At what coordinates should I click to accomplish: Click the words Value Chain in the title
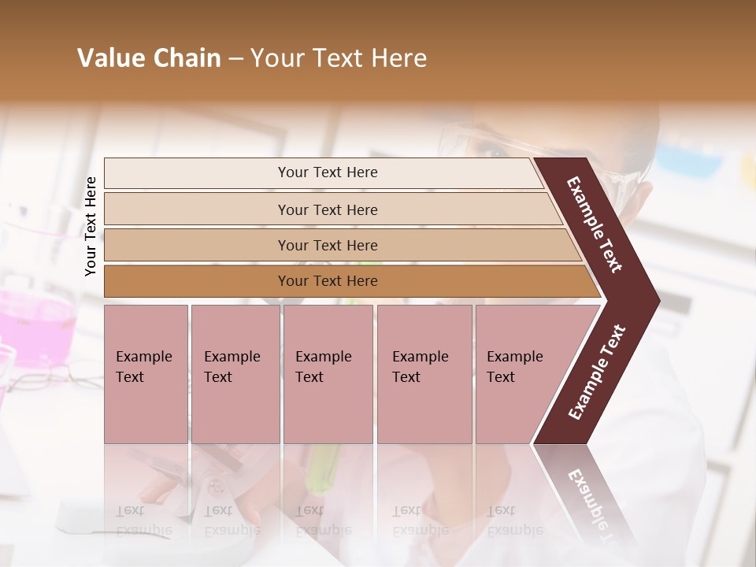(149, 58)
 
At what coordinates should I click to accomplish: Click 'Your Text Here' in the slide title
(339, 58)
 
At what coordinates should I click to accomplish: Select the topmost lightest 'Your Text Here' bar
(328, 172)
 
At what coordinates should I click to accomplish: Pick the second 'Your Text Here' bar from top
(328, 209)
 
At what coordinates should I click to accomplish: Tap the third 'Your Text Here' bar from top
(328, 245)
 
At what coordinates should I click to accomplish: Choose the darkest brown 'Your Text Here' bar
(328, 281)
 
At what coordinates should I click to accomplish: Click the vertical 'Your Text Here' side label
(91, 226)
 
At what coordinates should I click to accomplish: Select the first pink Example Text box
(146, 373)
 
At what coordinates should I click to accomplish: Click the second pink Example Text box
(235, 373)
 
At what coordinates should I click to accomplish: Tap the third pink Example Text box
(328, 373)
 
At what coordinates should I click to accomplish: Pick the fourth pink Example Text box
(424, 373)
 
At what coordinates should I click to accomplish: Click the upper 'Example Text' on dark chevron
(595, 224)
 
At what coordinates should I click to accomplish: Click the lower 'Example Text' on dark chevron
(597, 372)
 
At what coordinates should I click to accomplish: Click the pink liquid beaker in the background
(35, 323)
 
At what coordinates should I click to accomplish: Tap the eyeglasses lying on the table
(55, 376)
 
